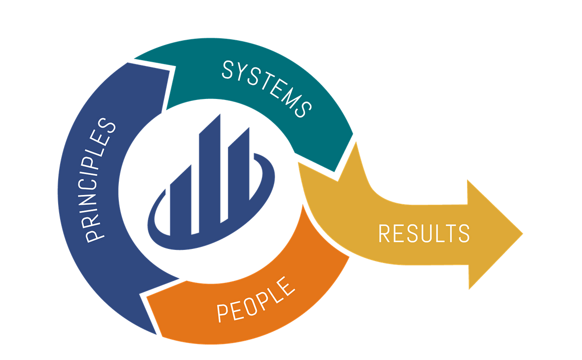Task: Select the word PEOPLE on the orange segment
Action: click(256, 298)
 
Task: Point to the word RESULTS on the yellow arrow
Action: click(423, 233)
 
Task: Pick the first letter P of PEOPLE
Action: click(222, 312)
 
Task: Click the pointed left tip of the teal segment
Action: click(135, 60)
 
